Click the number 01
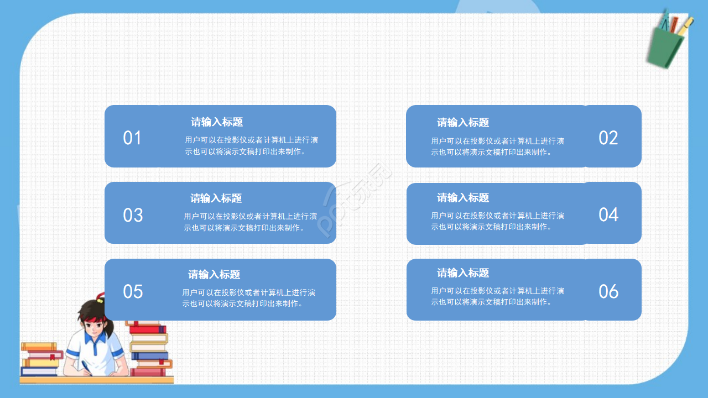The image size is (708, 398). click(x=132, y=138)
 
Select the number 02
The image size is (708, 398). click(x=608, y=138)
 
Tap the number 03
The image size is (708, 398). click(x=133, y=215)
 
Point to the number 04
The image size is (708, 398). click(x=608, y=214)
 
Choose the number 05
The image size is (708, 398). click(x=133, y=291)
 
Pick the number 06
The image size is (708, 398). click(x=608, y=291)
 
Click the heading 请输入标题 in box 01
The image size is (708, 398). click(x=217, y=122)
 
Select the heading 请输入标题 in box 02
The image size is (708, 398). click(x=463, y=122)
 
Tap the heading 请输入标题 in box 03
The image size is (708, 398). click(x=216, y=198)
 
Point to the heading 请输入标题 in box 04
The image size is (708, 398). click(x=463, y=197)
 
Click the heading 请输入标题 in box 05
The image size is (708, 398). click(x=214, y=274)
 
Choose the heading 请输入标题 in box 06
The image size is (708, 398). click(x=463, y=273)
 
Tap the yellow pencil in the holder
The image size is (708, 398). click(x=686, y=25)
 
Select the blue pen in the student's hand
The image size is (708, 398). click(x=86, y=366)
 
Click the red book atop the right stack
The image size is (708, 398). click(x=147, y=329)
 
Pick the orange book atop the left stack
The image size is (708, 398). click(x=38, y=347)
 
